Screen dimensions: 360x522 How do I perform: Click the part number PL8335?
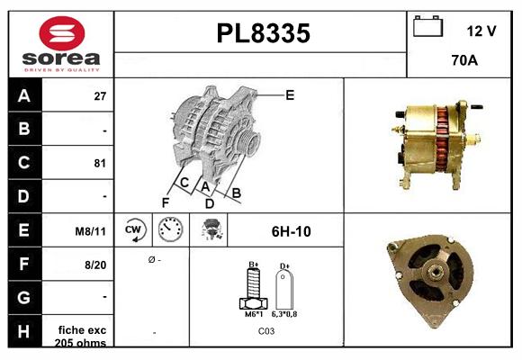pyautogui.click(x=264, y=34)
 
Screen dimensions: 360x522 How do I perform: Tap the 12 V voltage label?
pyautogui.click(x=481, y=31)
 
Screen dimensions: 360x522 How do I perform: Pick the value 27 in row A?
pyautogui.click(x=100, y=95)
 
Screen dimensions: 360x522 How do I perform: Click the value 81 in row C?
pyautogui.click(x=100, y=163)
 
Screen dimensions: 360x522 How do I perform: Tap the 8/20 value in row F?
pyautogui.click(x=95, y=265)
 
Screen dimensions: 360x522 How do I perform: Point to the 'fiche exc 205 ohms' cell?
pyautogui.click(x=82, y=336)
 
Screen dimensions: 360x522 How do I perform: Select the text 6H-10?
pyautogui.click(x=291, y=231)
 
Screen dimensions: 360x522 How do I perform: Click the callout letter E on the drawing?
pyautogui.click(x=290, y=94)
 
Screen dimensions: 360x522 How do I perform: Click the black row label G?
pyautogui.click(x=23, y=297)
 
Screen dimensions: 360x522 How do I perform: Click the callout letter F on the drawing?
pyautogui.click(x=166, y=202)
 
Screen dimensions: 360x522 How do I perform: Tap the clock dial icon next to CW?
pyautogui.click(x=168, y=230)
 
